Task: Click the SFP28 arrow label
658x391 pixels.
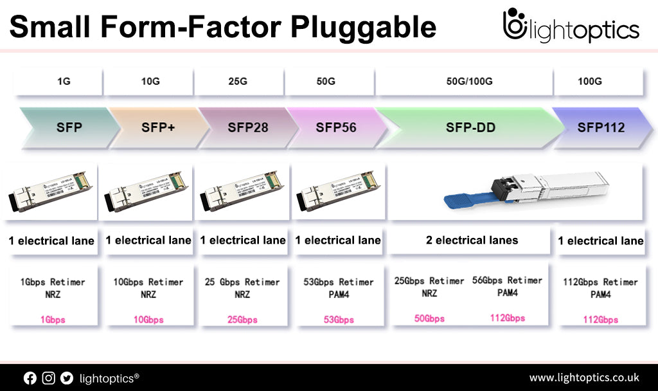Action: tap(247, 127)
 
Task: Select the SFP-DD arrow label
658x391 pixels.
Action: tap(470, 127)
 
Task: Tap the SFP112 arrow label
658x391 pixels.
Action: tap(601, 127)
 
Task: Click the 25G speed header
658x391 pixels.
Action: tap(238, 82)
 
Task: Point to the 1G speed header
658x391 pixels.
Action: tap(63, 82)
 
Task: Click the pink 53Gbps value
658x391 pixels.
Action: tap(338, 320)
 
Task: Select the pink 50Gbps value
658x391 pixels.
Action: tap(429, 318)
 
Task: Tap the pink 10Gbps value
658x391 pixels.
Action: tap(148, 320)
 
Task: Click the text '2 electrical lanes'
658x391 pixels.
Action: tap(472, 240)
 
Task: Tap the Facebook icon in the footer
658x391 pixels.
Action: tap(30, 378)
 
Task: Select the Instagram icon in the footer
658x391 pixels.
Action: tap(48, 378)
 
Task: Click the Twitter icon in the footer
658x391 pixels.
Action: tap(67, 378)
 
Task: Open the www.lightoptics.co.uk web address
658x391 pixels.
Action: tap(583, 377)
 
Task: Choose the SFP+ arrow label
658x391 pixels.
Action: tap(159, 127)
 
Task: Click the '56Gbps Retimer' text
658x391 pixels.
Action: tap(507, 280)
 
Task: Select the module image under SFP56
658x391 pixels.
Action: tap(337, 190)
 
